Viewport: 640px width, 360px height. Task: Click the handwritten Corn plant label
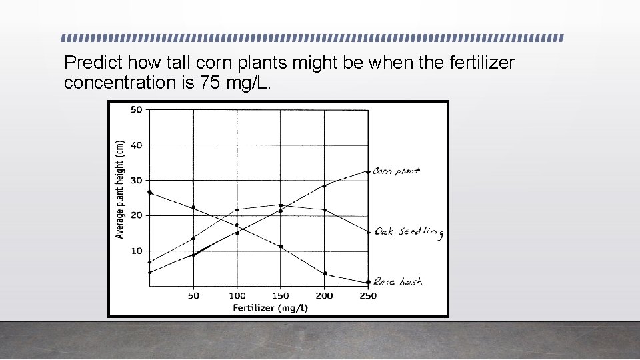[396, 171]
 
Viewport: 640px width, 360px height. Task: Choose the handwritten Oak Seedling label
[409, 231]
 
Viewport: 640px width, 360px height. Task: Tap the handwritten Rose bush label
[397, 282]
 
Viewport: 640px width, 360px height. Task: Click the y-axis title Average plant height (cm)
[120, 189]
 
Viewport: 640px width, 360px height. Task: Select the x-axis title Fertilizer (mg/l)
[270, 307]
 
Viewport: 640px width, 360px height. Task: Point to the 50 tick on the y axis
[136, 109]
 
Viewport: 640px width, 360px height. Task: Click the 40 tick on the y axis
[136, 145]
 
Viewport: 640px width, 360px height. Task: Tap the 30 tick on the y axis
[136, 180]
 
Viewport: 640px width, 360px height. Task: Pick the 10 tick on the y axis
[136, 251]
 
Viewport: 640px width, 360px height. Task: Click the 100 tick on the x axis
[237, 295]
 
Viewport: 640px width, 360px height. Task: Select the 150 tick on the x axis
[281, 295]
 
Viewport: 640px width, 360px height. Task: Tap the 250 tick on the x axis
[368, 295]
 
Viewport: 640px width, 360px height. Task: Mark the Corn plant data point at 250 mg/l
[368, 172]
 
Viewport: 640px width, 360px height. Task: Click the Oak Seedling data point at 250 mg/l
[368, 232]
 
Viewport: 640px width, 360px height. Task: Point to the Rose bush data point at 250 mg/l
[368, 282]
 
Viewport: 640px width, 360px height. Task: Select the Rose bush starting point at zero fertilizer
[150, 193]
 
